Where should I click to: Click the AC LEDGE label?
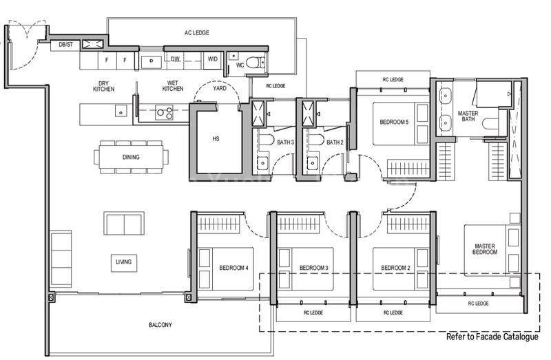click(196, 32)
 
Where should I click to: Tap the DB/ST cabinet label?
click(66, 45)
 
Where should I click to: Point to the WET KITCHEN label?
click(172, 88)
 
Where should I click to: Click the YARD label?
click(219, 88)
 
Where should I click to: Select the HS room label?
click(216, 139)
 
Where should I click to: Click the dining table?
click(131, 157)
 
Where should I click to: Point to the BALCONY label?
click(160, 325)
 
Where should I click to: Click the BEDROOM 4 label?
click(234, 268)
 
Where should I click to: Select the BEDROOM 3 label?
click(313, 268)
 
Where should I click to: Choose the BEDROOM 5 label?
click(394, 122)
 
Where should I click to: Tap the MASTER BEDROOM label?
click(485, 249)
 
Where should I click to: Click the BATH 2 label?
click(335, 142)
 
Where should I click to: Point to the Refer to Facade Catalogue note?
click(492, 337)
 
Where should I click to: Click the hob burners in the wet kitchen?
click(164, 112)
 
